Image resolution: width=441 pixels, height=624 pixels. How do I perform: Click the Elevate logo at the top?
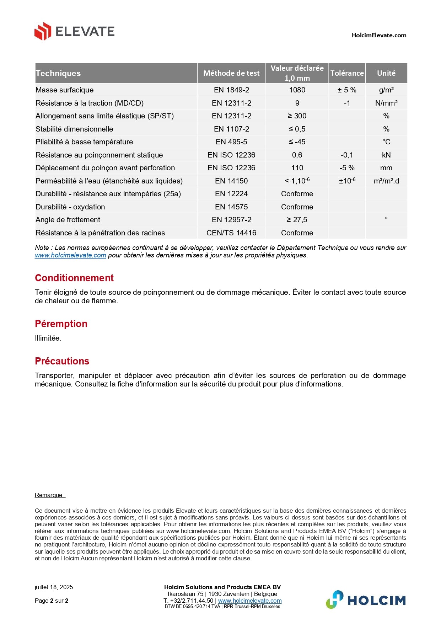74,31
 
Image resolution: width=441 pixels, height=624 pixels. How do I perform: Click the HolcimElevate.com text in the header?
379,35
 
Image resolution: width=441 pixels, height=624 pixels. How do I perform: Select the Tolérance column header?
347,73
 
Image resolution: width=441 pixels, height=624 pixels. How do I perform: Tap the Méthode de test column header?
231,73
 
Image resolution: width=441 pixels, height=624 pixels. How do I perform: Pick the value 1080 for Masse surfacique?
297,90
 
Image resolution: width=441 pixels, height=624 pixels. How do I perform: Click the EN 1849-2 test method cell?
231,90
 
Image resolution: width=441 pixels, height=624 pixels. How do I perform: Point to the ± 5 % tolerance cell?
347,90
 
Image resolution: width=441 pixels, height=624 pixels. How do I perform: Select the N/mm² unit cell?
386,103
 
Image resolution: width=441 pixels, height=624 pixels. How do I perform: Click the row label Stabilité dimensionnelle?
74,129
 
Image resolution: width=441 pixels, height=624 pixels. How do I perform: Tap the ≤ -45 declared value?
297,142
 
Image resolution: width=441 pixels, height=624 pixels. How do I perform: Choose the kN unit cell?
386,155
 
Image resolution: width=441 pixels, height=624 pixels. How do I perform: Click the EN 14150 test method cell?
231,181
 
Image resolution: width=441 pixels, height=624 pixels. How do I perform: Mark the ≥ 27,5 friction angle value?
297,220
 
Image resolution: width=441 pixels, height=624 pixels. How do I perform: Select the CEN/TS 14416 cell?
231,233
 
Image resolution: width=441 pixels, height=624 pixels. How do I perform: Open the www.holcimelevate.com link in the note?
70,255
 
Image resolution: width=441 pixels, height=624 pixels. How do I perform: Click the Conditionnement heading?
74,278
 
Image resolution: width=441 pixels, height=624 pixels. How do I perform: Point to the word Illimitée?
48,338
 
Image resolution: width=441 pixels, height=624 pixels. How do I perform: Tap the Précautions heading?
62,361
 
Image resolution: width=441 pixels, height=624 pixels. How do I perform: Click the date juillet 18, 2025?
54,587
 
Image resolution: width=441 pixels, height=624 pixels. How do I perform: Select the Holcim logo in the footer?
366,600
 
